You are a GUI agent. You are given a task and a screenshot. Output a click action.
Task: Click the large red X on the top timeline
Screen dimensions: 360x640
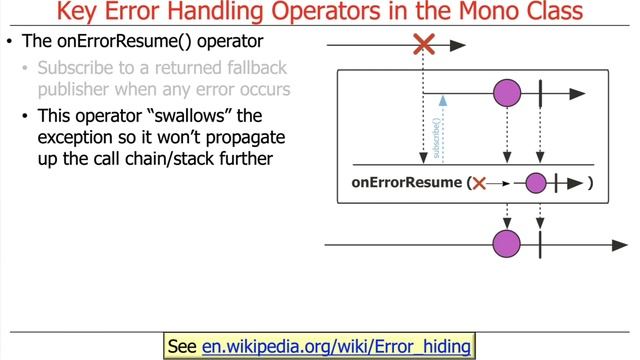pyautogui.click(x=424, y=45)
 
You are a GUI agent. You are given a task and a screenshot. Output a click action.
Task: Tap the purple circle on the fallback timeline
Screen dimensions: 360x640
pyautogui.click(x=507, y=95)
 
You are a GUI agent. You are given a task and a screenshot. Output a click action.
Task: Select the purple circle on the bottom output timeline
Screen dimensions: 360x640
pyautogui.click(x=507, y=243)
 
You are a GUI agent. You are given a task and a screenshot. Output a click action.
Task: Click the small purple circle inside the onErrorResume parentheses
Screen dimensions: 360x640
pyautogui.click(x=536, y=183)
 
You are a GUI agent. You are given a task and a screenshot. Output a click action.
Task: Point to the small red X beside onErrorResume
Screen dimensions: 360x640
pyautogui.click(x=479, y=183)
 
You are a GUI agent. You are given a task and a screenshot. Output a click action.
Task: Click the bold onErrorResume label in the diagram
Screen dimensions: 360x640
pyautogui.click(x=406, y=183)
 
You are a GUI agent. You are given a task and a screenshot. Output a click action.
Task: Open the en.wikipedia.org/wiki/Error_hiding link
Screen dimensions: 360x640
pyautogui.click(x=336, y=346)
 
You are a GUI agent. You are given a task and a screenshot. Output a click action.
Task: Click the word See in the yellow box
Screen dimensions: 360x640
pyautogui.click(x=182, y=346)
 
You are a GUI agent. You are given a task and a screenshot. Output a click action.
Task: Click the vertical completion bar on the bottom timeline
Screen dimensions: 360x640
pyautogui.click(x=540, y=243)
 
